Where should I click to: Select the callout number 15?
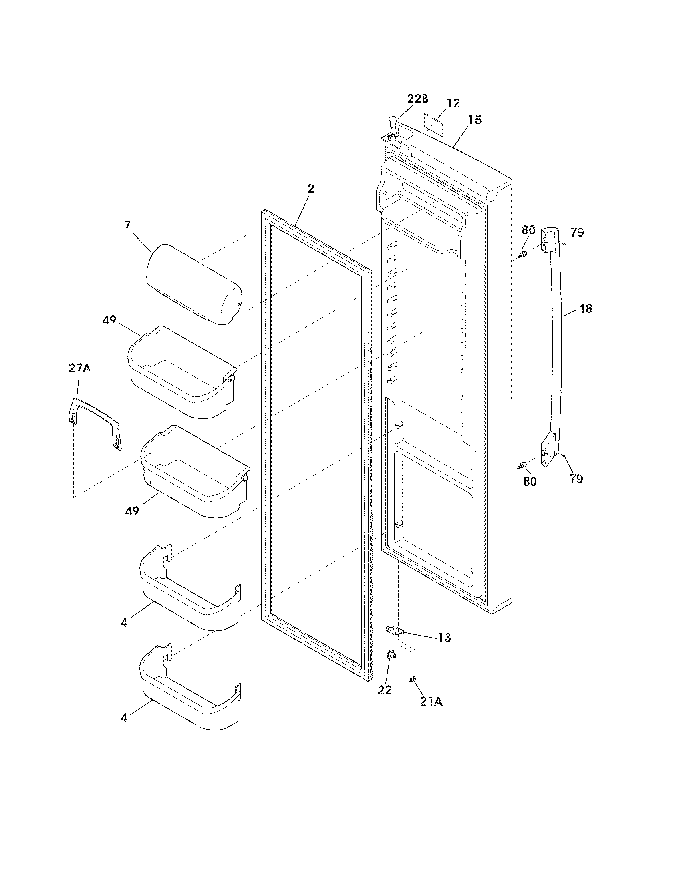coord(475,120)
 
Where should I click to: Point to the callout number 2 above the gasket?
coord(310,189)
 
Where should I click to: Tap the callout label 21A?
coord(431,702)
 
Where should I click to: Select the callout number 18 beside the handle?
coord(586,309)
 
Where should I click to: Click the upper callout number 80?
coord(528,230)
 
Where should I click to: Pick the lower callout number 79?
coord(576,479)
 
